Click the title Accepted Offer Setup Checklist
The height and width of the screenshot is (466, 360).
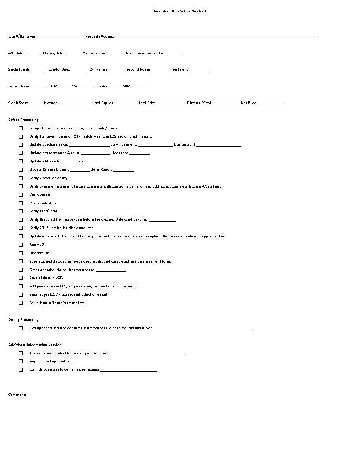pos(180,11)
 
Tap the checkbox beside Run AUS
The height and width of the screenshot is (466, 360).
pos(21,244)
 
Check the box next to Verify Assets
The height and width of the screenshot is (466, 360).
pos(21,195)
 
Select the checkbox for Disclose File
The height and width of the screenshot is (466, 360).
pos(21,253)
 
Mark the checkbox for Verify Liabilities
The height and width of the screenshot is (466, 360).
pos(21,203)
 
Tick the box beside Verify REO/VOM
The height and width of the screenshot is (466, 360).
pos(21,211)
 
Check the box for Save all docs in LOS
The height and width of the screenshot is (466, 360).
pos(21,278)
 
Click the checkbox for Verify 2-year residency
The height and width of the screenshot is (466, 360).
pos(21,178)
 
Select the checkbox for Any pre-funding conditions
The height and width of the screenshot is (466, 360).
pos(21,361)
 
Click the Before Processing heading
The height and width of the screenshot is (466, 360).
pos(23,120)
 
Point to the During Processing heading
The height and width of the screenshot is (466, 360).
pos(23,319)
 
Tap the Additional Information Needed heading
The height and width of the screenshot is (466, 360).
pos(35,345)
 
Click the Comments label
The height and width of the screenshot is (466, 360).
pos(18,395)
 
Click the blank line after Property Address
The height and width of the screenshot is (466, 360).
pos(215,38)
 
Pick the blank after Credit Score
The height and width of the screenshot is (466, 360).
pos(36,104)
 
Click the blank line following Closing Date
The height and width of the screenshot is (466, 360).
pos(74,54)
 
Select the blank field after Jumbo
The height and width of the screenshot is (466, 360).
pos(114,87)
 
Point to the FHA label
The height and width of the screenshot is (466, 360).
pos(54,86)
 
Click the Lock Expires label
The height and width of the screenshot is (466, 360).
pos(103,103)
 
